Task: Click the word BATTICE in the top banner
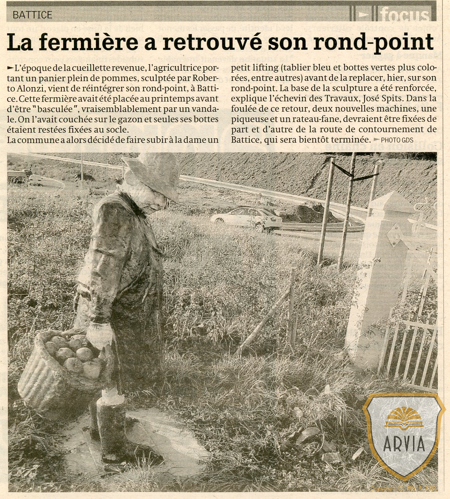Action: point(33,15)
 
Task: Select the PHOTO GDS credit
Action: point(397,140)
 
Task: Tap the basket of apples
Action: point(59,366)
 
